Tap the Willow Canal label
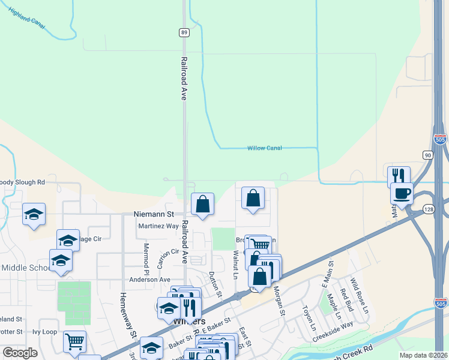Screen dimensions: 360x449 (265, 148)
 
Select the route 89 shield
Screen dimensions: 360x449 (184, 33)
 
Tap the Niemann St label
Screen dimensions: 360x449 (153, 214)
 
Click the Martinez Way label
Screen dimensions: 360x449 (158, 226)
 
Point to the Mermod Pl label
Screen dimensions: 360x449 (146, 256)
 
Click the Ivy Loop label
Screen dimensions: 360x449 (44, 331)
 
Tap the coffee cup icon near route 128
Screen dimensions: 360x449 (402, 193)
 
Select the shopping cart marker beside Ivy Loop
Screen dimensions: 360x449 (74, 341)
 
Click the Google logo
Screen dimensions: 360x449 (20, 353)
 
